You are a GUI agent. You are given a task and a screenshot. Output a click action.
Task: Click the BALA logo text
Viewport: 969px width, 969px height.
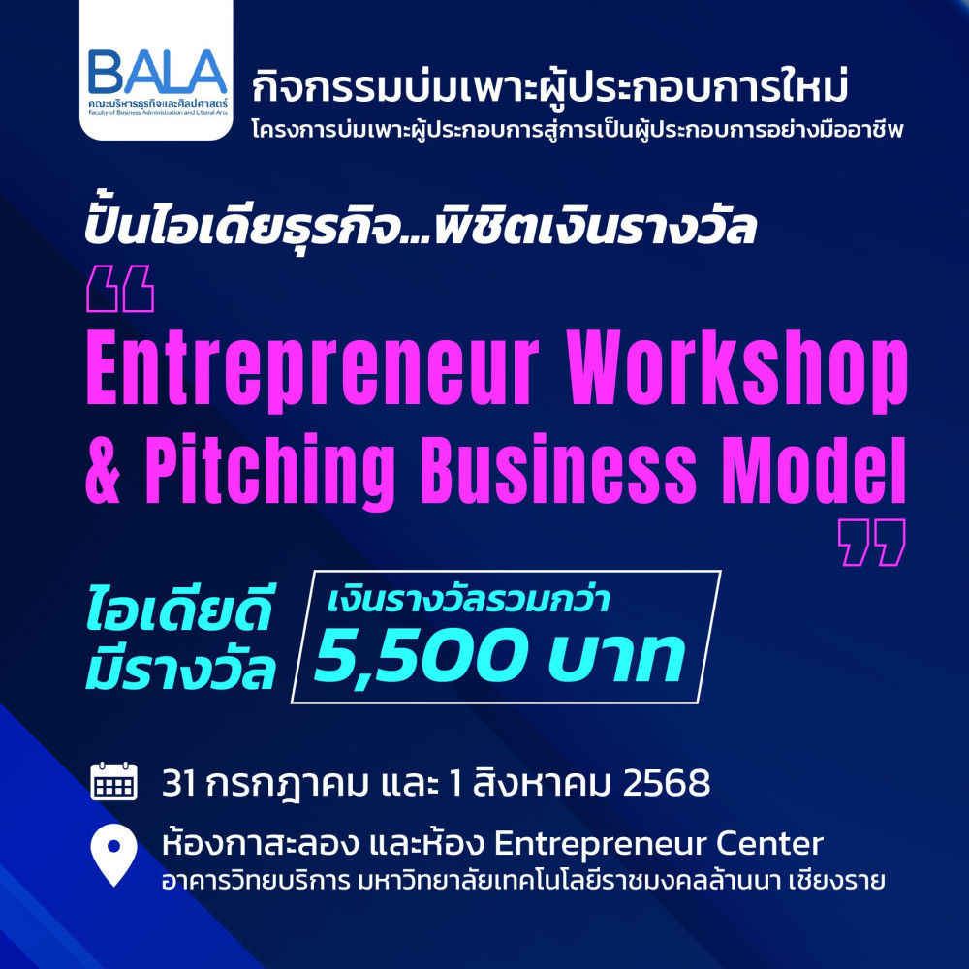[x=157, y=72]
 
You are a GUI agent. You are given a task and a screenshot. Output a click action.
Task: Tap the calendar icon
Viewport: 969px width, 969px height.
[x=113, y=781]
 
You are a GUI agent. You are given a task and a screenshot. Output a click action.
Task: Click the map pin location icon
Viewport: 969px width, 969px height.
[x=113, y=856]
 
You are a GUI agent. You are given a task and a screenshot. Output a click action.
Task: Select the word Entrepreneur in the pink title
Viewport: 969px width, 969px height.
[x=312, y=371]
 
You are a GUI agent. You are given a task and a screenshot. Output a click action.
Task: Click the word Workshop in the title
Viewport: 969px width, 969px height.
[x=737, y=371]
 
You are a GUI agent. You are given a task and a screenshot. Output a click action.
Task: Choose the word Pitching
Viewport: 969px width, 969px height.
[x=270, y=473]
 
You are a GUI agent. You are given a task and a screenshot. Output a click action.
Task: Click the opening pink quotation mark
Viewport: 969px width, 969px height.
[x=120, y=289]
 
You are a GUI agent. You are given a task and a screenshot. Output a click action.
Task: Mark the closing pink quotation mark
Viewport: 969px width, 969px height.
[x=872, y=543]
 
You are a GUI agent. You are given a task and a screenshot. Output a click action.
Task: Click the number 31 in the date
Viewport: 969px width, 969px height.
[x=179, y=783]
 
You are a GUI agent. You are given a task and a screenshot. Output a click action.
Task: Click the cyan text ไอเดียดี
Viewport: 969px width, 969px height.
[x=178, y=610]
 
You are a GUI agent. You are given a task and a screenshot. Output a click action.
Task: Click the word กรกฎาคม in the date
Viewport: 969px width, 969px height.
[x=288, y=784]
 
